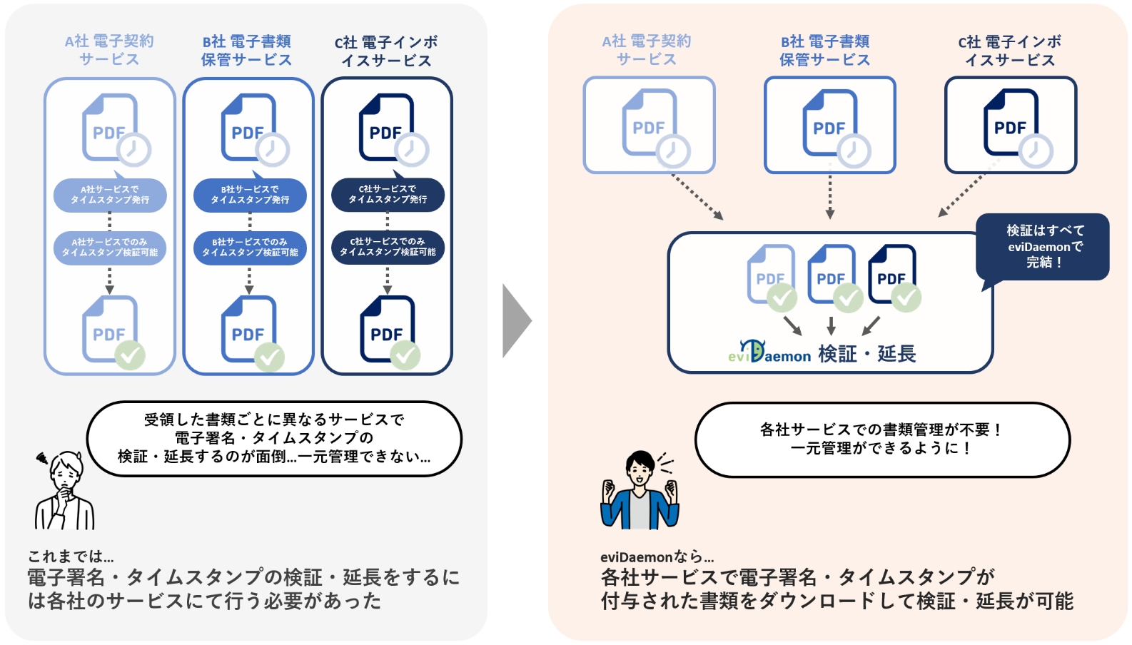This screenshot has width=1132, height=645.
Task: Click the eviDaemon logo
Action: coord(769,352)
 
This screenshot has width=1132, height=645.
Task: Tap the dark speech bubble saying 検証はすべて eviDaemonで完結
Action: coord(1043,246)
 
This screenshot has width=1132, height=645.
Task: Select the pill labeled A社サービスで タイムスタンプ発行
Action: coord(110,195)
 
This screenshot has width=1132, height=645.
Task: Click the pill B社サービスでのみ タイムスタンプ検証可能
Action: coord(250,248)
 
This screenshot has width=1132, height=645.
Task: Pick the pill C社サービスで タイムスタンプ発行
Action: coord(388,195)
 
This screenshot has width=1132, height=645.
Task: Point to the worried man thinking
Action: coord(64,491)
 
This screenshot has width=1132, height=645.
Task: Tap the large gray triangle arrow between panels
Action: coord(515,320)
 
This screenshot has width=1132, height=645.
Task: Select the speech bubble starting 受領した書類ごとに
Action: coord(274,438)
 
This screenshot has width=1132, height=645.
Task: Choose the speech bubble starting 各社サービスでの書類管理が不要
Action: coord(882,439)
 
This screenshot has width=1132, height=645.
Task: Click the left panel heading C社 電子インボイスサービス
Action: coord(386,51)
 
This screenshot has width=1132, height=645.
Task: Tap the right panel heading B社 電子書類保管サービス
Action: coord(824,51)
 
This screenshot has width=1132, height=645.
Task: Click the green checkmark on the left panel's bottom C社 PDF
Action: coord(405,355)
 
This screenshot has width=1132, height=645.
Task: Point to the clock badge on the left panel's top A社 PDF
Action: coord(133,150)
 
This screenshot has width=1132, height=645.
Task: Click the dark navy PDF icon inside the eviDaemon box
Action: coord(891,274)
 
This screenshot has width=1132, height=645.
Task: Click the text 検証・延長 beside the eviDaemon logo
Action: coord(866,354)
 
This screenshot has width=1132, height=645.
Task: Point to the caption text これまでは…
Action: coord(71,557)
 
